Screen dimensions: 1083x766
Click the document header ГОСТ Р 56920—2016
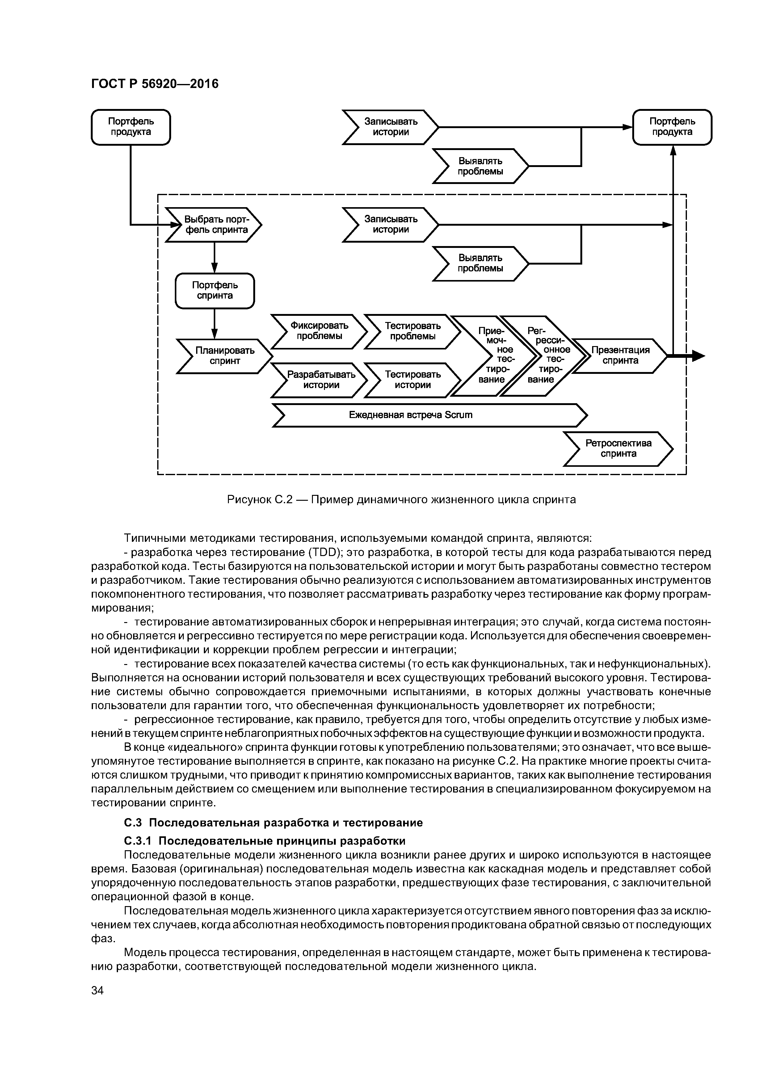click(155, 84)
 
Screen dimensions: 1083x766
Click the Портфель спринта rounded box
click(215, 291)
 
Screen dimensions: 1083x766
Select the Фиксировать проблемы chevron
click(319, 331)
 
